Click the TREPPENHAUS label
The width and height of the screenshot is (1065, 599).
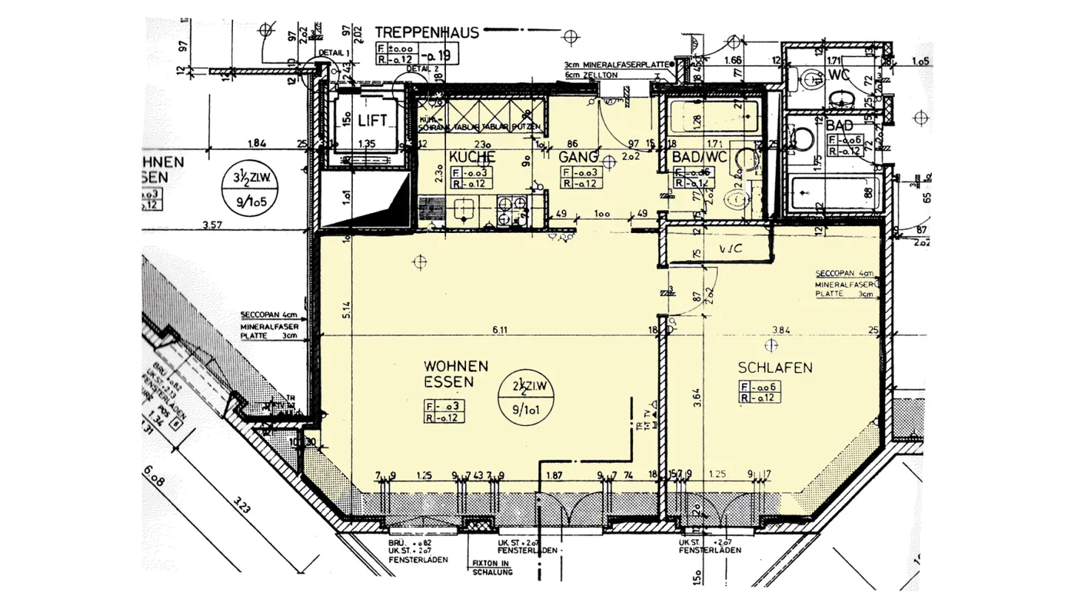(427, 32)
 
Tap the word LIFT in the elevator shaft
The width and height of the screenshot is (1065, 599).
(373, 121)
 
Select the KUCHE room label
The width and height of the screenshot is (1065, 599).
(471, 157)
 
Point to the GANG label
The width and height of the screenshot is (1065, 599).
(578, 157)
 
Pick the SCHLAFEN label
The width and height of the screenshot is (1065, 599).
(775, 368)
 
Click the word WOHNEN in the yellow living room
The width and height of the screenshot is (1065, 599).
(456, 366)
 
